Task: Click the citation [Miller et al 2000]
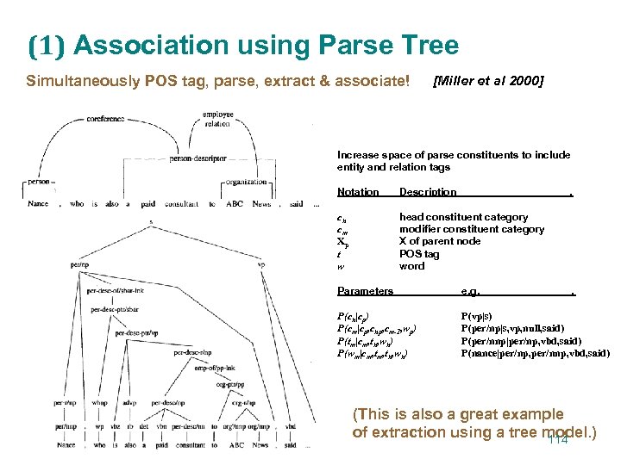tap(488, 81)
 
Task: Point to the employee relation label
tap(218, 119)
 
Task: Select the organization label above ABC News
tap(246, 182)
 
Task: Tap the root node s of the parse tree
tap(152, 222)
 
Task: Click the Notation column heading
tap(357, 192)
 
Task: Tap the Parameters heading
tap(365, 291)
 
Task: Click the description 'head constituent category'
tap(463, 217)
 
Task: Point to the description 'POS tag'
tap(418, 254)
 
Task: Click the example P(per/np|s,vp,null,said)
tap(518, 329)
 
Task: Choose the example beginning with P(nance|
tap(535, 353)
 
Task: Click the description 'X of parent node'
tap(440, 242)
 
